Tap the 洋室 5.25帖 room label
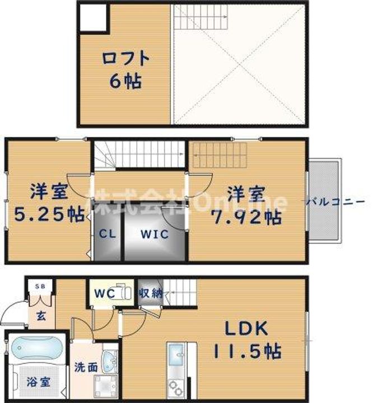(49, 205)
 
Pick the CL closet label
(106, 235)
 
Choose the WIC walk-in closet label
(154, 235)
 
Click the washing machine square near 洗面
(105, 387)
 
